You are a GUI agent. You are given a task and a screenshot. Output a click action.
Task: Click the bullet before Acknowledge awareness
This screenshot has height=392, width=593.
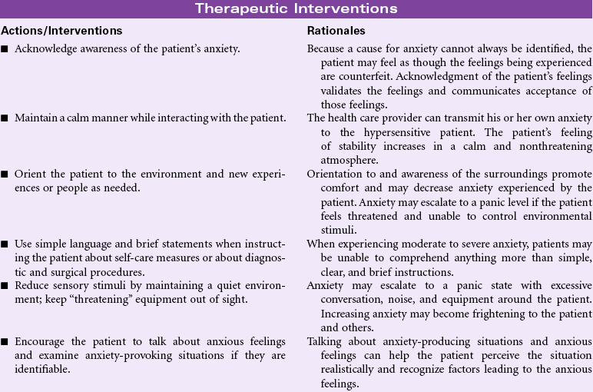pos(5,49)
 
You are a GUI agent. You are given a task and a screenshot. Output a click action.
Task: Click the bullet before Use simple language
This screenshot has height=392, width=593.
pos(5,243)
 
